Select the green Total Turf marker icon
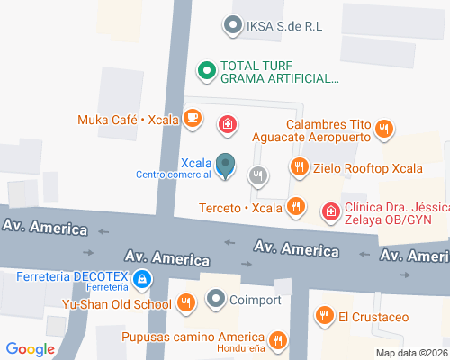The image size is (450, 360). [x=205, y=68]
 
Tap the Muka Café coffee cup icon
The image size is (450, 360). [x=191, y=118]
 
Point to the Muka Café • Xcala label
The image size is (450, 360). [x=127, y=119]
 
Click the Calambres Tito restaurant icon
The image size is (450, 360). [x=384, y=129]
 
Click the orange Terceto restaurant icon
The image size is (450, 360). [x=295, y=209]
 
